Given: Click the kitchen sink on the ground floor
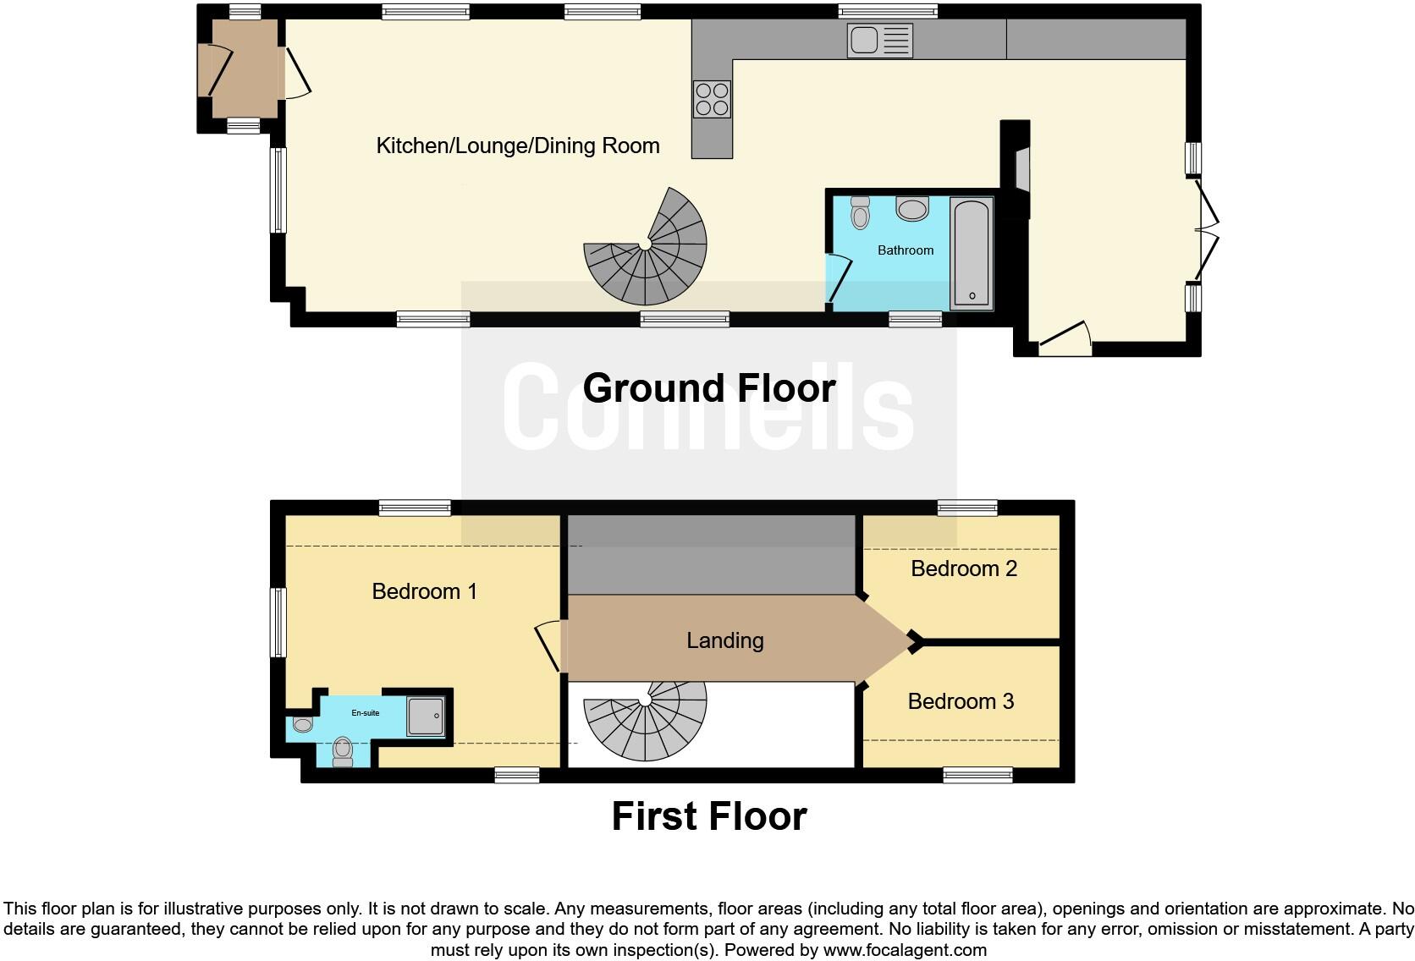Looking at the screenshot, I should tap(879, 41).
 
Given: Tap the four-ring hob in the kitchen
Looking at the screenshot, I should tap(712, 99).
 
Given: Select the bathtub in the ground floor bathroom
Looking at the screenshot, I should tap(972, 252).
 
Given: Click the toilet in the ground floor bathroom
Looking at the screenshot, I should tap(860, 212).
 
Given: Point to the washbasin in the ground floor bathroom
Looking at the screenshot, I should tap(911, 208).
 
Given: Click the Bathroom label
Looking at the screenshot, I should tap(906, 250).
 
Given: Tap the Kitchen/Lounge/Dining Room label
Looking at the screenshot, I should tap(517, 146).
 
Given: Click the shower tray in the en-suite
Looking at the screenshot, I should tap(426, 716).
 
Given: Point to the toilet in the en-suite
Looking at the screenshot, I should tap(343, 750).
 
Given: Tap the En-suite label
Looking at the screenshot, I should tap(366, 713).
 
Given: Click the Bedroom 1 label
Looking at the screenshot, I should tap(424, 591).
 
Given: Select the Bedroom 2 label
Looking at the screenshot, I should tap(963, 568).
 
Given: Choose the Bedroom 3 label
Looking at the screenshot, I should tap(961, 701).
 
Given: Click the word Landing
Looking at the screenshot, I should tap(724, 640).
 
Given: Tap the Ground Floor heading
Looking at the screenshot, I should tap(708, 388).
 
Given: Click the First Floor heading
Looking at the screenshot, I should tap(708, 816).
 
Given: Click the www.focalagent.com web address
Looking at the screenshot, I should tap(904, 950).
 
